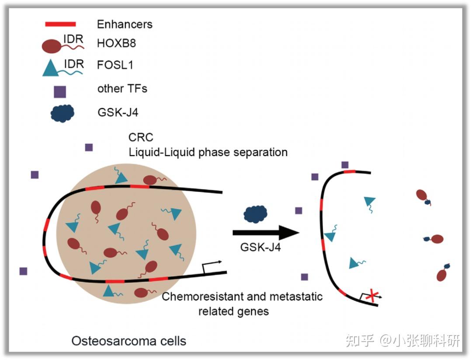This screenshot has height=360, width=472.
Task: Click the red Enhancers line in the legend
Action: coord(60,24)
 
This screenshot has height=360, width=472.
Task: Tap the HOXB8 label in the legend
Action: coord(117,43)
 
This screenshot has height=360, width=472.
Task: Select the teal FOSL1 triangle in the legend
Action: coord(50,68)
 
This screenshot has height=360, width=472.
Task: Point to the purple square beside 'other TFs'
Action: coord(60,92)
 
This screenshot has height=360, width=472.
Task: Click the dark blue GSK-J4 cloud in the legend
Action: coord(62,113)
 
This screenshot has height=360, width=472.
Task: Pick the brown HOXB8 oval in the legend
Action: coord(51,46)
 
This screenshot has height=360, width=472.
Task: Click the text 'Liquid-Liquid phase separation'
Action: coord(208,152)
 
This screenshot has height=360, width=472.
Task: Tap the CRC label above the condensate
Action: coord(141,137)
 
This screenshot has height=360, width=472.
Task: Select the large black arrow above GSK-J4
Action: coord(266,233)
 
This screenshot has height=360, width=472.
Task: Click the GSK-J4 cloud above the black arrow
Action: coord(255,214)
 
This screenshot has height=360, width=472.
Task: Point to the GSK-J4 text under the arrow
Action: coord(260,247)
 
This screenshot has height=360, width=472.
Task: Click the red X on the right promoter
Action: coord(372,296)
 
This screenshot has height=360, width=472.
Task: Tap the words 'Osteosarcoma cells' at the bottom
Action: coord(129,341)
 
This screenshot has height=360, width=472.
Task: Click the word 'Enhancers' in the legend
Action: coord(125,24)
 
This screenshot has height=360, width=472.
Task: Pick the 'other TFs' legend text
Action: coord(122,88)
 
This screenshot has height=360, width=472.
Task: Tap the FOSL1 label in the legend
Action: coord(115,65)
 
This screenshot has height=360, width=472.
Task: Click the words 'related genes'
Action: coord(233,311)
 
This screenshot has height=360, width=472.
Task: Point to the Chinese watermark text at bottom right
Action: coord(403,341)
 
